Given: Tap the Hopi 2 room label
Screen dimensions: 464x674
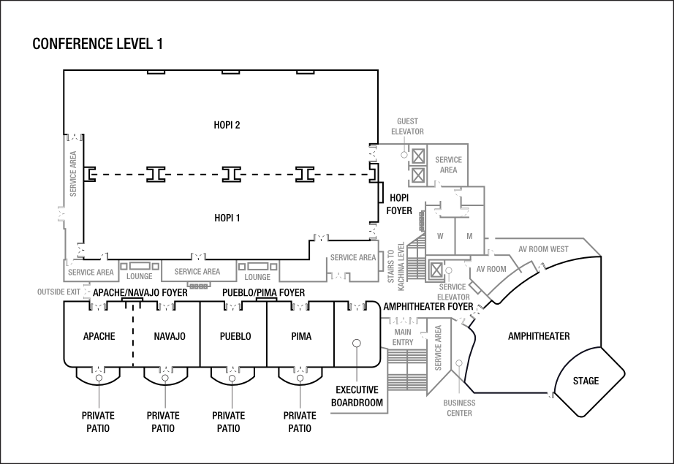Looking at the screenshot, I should [228, 125].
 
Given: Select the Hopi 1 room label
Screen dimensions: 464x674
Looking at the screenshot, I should [228, 218].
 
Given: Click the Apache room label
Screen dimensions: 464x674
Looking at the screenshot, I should [99, 336].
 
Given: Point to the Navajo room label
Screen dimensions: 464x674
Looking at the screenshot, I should [170, 336].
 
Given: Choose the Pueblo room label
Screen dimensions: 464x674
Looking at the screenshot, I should [235, 336].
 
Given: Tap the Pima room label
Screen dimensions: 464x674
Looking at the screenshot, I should [300, 336].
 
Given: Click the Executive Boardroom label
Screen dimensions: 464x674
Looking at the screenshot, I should [357, 396].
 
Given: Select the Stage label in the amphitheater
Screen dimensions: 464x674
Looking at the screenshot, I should [586, 381].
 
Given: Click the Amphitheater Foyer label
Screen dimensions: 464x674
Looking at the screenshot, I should [428, 306].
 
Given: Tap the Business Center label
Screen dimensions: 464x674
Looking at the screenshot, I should [459, 408].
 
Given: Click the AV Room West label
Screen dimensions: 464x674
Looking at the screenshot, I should [543, 249].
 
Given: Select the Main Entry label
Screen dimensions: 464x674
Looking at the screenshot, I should [403, 338].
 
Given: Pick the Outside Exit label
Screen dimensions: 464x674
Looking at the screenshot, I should [58, 292].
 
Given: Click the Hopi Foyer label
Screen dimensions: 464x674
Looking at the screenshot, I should [399, 204].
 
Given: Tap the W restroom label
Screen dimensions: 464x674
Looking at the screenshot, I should [440, 236].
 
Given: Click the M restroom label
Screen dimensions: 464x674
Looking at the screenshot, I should [469, 236].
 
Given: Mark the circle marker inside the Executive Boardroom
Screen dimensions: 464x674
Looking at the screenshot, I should [357, 343].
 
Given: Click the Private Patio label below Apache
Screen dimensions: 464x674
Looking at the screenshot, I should [99, 422].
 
